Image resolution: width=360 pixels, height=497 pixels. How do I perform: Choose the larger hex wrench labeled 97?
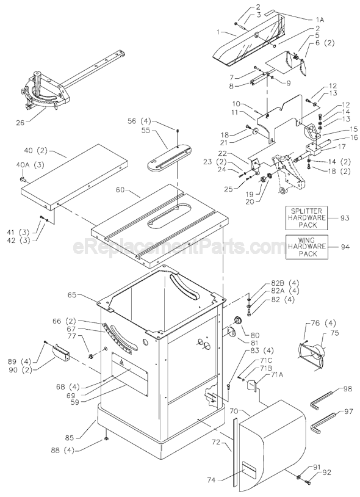pos(325,420)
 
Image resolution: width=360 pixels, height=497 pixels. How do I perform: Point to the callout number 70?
pos(236,412)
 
